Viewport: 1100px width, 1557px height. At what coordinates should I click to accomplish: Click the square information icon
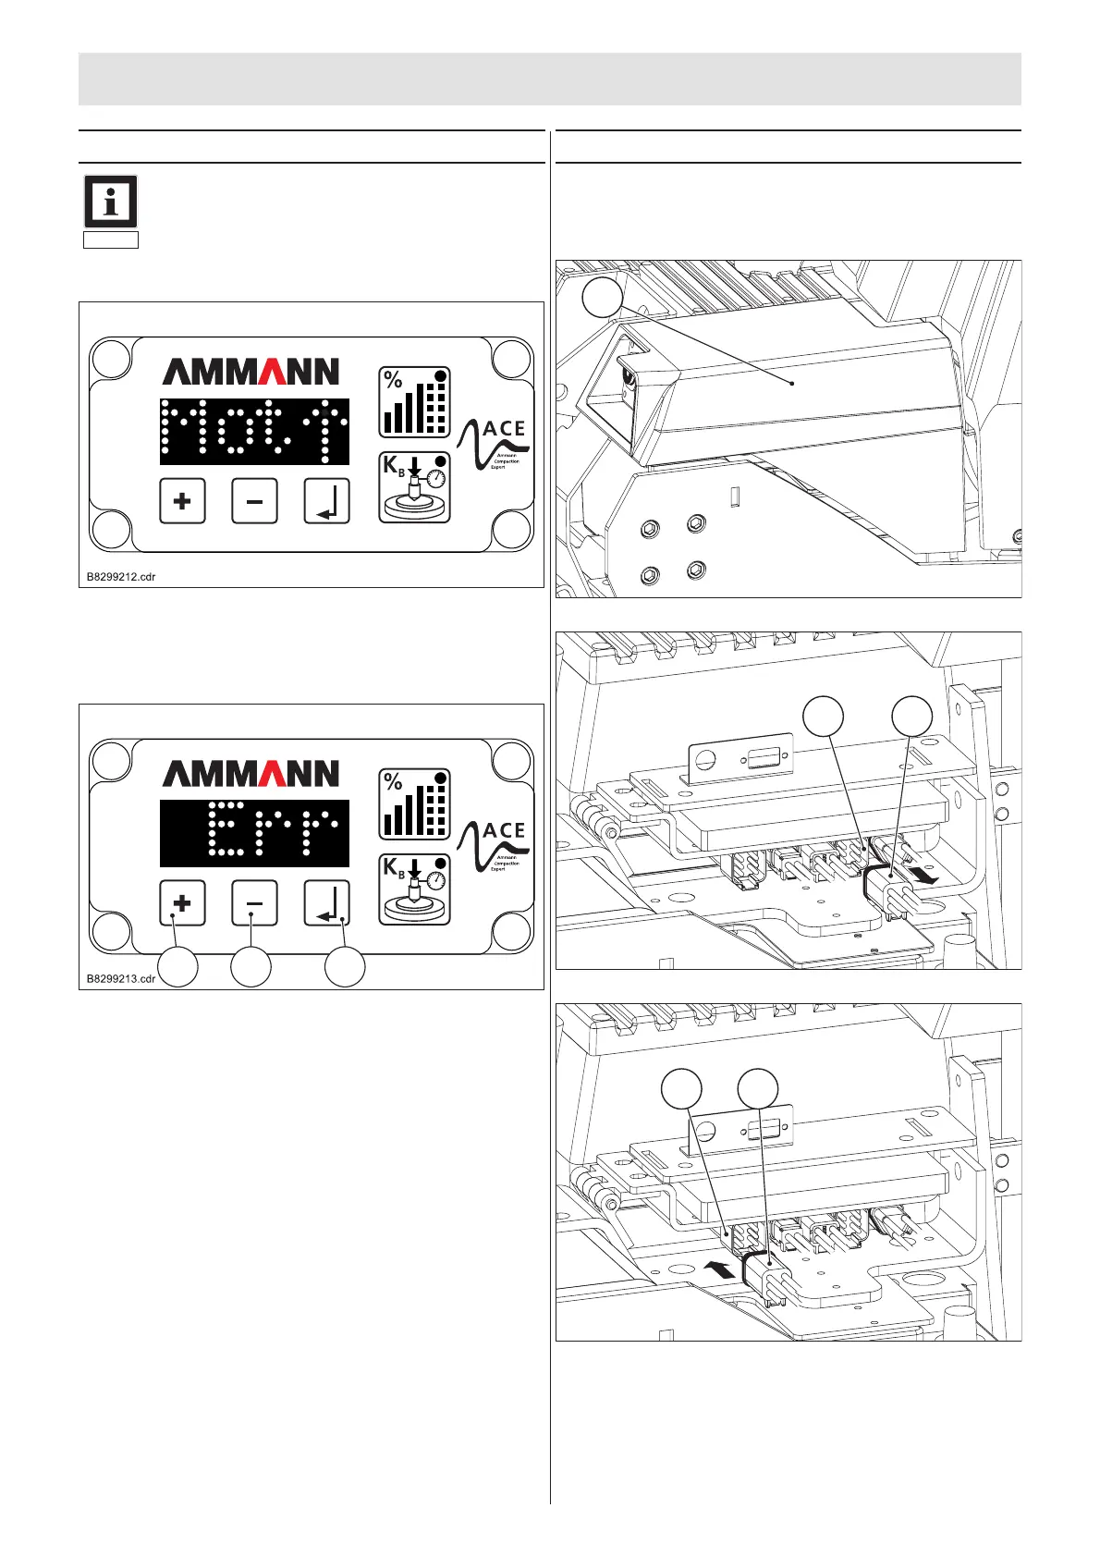point(111,202)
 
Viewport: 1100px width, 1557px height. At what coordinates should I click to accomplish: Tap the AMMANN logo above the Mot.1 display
point(251,372)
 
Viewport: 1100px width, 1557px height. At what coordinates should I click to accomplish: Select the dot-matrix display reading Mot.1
point(254,431)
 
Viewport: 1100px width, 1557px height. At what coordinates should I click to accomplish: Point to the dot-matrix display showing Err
point(254,833)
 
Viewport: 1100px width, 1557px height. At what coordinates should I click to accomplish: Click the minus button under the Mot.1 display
point(254,501)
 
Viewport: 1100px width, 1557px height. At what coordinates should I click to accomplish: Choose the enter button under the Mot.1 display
point(327,501)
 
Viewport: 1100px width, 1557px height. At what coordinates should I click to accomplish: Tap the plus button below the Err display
point(182,903)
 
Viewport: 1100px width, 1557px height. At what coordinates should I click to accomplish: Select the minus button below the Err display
point(254,903)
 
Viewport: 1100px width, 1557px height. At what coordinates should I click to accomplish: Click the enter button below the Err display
point(327,903)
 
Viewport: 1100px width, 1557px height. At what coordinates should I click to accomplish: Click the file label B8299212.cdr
point(121,577)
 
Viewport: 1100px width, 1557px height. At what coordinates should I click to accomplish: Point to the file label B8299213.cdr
point(121,978)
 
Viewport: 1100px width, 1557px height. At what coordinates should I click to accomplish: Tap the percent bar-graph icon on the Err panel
point(415,804)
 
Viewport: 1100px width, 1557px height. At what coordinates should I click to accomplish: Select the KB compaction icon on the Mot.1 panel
point(415,487)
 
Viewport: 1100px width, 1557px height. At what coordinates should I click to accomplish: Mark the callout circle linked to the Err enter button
point(345,967)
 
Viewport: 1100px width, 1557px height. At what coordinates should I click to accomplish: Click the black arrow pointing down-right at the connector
point(926,874)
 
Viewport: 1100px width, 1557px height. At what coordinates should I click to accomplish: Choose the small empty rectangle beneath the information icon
point(111,240)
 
